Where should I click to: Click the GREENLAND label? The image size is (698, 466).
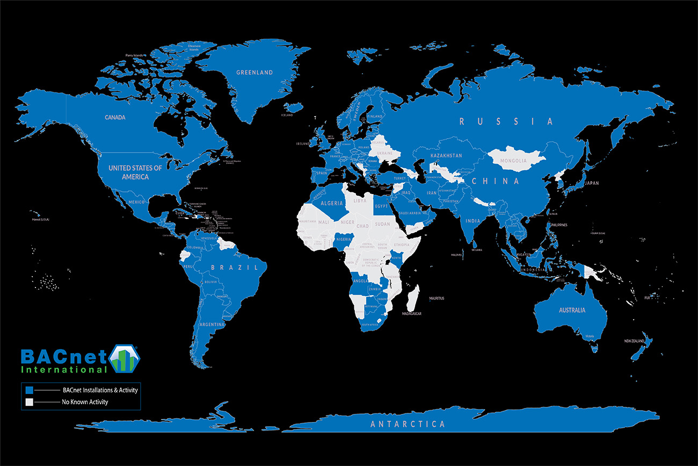(x=255, y=73)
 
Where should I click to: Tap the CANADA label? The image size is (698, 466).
(x=115, y=117)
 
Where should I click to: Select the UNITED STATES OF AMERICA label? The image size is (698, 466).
(x=135, y=172)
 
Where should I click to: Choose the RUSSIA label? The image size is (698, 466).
(x=506, y=121)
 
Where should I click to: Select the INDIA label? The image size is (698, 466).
(x=472, y=221)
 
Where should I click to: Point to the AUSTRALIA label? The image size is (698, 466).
(x=571, y=310)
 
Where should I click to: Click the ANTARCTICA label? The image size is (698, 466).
(x=408, y=424)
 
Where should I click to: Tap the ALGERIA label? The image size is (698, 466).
(x=331, y=204)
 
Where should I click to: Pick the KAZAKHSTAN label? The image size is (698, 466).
(x=446, y=156)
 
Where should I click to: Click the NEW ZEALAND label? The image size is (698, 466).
(x=634, y=341)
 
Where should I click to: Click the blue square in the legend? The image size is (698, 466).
(x=30, y=390)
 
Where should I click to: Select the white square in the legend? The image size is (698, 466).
(x=30, y=402)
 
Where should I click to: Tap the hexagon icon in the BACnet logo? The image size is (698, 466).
(x=125, y=358)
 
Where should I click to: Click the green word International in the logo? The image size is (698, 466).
(x=63, y=370)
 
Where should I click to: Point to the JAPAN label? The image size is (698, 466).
(x=591, y=183)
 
